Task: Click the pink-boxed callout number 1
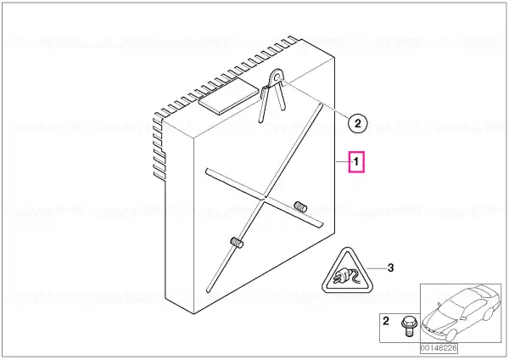click(x=356, y=161)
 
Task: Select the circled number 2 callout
click(x=357, y=123)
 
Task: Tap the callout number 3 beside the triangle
click(x=391, y=267)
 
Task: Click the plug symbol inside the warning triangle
click(x=347, y=278)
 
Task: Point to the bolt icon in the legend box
click(x=408, y=327)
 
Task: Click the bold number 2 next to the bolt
click(x=386, y=321)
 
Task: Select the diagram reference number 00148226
click(x=439, y=348)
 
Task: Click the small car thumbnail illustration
click(x=461, y=312)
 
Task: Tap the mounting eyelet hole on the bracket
click(x=277, y=77)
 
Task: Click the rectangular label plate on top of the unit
click(x=228, y=96)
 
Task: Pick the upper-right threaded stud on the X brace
click(x=300, y=206)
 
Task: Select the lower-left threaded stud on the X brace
click(x=237, y=243)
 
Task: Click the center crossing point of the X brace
click(x=264, y=197)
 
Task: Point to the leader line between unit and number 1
click(x=342, y=161)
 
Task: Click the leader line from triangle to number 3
click(x=376, y=268)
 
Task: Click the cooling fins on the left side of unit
click(x=159, y=147)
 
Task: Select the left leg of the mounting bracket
click(x=264, y=104)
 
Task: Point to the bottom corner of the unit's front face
click(x=193, y=314)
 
